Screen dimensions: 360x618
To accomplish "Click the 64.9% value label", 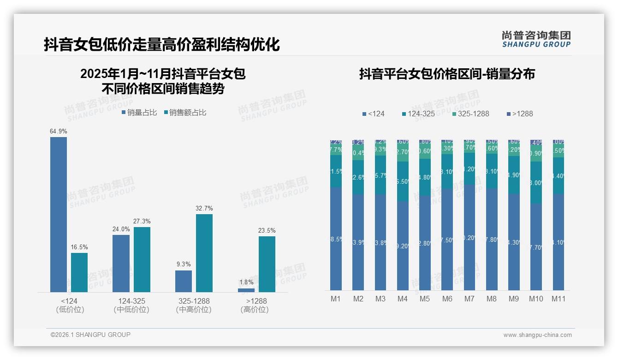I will [x=59, y=132].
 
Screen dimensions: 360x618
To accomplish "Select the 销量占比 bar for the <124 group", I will [x=59, y=215].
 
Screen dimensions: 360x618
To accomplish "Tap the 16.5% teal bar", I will [x=79, y=272].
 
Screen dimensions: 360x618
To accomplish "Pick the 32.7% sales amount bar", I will [x=204, y=253].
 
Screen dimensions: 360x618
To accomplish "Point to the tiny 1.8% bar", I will [x=246, y=290].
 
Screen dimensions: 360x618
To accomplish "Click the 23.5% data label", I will [x=267, y=231].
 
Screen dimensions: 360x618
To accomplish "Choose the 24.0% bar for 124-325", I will [x=121, y=263].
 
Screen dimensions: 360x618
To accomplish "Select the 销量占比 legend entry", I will [x=140, y=113].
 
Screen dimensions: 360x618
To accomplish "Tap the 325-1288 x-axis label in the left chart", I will [x=194, y=301].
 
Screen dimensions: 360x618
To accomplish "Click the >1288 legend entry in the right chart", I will [x=520, y=114].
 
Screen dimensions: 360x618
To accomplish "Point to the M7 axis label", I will [x=469, y=299].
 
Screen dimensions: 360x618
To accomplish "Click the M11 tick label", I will [x=559, y=299].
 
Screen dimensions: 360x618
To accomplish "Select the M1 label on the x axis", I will [x=336, y=299].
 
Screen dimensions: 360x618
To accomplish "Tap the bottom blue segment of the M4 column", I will [x=403, y=246].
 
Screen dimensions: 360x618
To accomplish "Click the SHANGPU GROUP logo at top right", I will [x=536, y=39].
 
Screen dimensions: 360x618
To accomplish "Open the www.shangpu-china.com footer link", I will [x=537, y=335].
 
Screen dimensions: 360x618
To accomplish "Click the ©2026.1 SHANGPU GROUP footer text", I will [x=90, y=335].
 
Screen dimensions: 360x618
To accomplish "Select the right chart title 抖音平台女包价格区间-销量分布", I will [x=447, y=74].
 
